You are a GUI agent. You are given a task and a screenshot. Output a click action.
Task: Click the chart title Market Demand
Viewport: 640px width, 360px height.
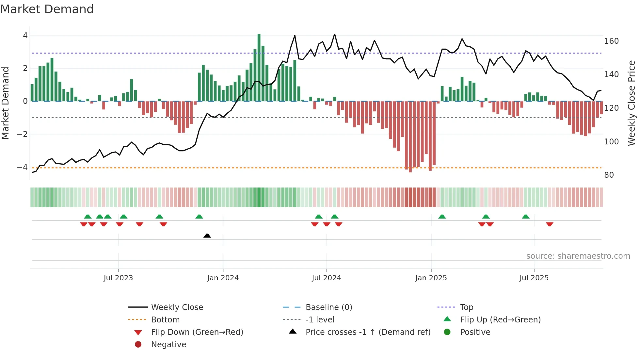tap(47, 9)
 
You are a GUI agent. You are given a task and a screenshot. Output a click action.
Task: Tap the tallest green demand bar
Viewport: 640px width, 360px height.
tap(259, 67)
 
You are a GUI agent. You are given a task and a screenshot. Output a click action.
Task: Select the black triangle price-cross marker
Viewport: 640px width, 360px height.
tap(207, 236)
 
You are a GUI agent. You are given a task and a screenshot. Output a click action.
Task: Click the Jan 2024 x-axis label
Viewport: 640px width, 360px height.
tap(223, 278)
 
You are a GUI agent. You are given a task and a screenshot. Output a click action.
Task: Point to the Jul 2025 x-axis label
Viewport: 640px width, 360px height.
tap(534, 278)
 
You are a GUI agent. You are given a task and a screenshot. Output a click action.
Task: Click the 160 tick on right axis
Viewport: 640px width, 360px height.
tap(611, 41)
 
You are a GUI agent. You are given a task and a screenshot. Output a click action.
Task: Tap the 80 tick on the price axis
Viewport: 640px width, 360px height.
tap(609, 175)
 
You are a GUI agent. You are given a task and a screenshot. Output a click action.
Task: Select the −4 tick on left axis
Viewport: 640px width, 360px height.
tap(22, 167)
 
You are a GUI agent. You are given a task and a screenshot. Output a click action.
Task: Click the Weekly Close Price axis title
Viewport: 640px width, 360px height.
tap(632, 103)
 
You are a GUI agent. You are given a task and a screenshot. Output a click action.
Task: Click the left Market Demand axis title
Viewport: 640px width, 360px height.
tap(5, 103)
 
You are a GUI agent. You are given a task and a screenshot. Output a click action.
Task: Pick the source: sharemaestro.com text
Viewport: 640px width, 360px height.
tap(578, 256)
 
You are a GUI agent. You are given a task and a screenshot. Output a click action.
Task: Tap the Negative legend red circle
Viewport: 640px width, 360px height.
tap(138, 345)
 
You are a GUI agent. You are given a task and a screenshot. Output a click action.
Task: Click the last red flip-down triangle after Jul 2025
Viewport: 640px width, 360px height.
tap(550, 224)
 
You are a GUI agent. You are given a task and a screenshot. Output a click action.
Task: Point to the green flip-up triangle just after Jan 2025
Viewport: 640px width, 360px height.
tap(442, 217)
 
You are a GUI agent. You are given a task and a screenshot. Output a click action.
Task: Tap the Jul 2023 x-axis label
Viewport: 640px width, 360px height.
tap(118, 278)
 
